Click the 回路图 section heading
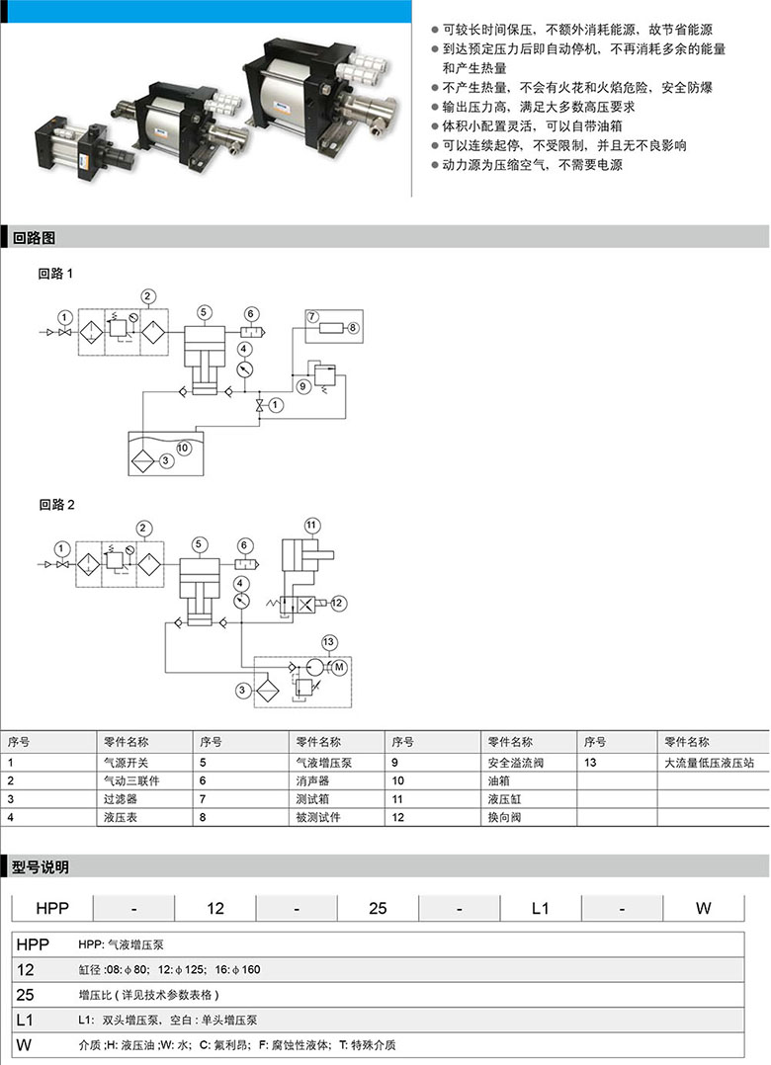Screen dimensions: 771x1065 pos(34,238)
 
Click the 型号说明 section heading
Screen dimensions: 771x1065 pos(41,866)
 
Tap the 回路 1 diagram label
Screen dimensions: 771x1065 pos(55,273)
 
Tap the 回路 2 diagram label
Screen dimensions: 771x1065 pos(56,504)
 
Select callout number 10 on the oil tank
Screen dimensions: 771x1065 pos(183,448)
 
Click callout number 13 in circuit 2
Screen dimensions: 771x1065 pos(329,642)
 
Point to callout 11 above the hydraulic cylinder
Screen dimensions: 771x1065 pos(311,525)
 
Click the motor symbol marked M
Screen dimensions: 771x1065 pos(339,667)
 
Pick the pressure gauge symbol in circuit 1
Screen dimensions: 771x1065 pos(245,369)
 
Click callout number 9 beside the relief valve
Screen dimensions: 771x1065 pos(303,385)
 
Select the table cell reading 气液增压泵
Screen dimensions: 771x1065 pos(324,762)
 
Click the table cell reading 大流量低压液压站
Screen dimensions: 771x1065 pos(709,762)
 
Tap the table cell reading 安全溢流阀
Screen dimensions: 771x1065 pos(516,762)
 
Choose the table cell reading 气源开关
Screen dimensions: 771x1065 pos(126,762)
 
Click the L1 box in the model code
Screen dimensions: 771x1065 pos(540,908)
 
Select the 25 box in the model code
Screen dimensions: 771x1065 pos(378,908)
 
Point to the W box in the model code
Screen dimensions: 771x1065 pos(703,908)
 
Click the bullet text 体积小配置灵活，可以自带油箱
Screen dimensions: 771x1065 pos(532,125)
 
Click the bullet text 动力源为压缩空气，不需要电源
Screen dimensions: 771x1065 pos(532,164)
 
